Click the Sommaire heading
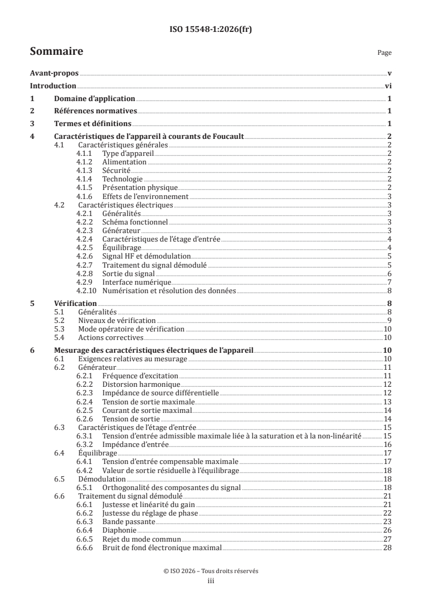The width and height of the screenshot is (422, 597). [56, 52]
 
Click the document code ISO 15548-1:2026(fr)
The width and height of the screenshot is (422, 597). [211, 30]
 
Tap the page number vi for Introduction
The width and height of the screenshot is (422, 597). [388, 86]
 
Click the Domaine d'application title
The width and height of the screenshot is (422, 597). [94, 99]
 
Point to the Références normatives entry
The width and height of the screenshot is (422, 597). [96, 111]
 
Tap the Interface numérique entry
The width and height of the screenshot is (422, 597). [137, 281]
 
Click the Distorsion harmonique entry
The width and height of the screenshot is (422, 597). [141, 384]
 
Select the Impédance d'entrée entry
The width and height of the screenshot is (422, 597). [135, 444]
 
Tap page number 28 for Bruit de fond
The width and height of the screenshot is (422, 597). [387, 548]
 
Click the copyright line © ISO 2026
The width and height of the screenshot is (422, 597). [211, 571]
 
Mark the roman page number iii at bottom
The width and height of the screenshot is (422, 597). [211, 581]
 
